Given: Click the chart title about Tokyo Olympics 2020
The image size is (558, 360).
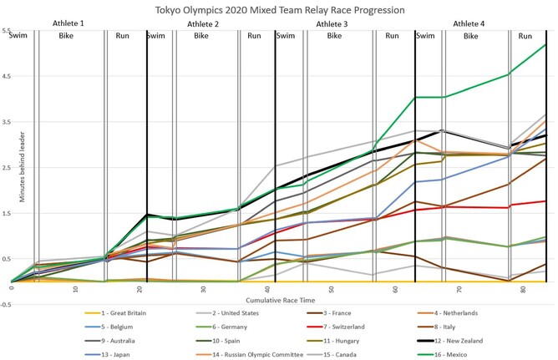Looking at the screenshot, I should click(279, 9).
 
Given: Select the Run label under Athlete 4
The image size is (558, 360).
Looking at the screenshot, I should click(525, 37).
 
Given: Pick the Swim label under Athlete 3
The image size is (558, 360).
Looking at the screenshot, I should click(285, 37).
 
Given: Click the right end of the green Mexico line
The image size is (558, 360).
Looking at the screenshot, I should click(545, 44).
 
